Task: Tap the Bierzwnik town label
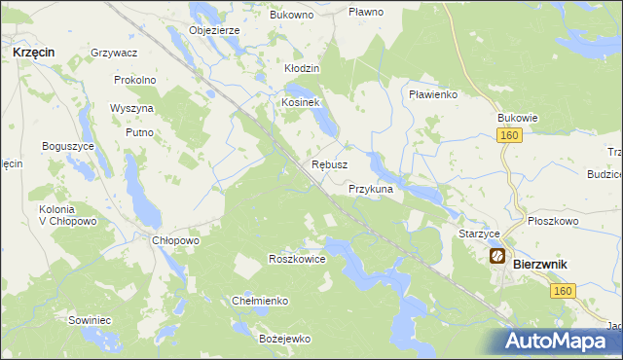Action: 540,264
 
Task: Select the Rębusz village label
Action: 329,165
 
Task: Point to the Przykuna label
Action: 370,190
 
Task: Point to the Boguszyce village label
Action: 68,146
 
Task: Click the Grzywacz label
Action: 113,52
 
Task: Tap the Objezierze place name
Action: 214,30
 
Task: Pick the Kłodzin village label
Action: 302,70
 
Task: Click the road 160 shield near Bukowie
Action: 510,136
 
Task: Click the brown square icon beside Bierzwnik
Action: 496,257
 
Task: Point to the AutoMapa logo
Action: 563,342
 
